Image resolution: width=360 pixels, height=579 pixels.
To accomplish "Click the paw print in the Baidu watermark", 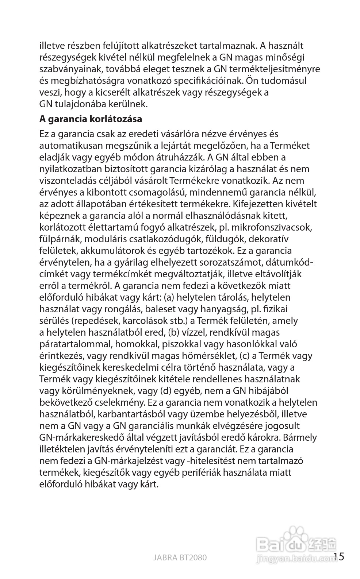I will (296, 535).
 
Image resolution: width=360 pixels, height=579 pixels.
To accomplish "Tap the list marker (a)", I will (168, 297).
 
